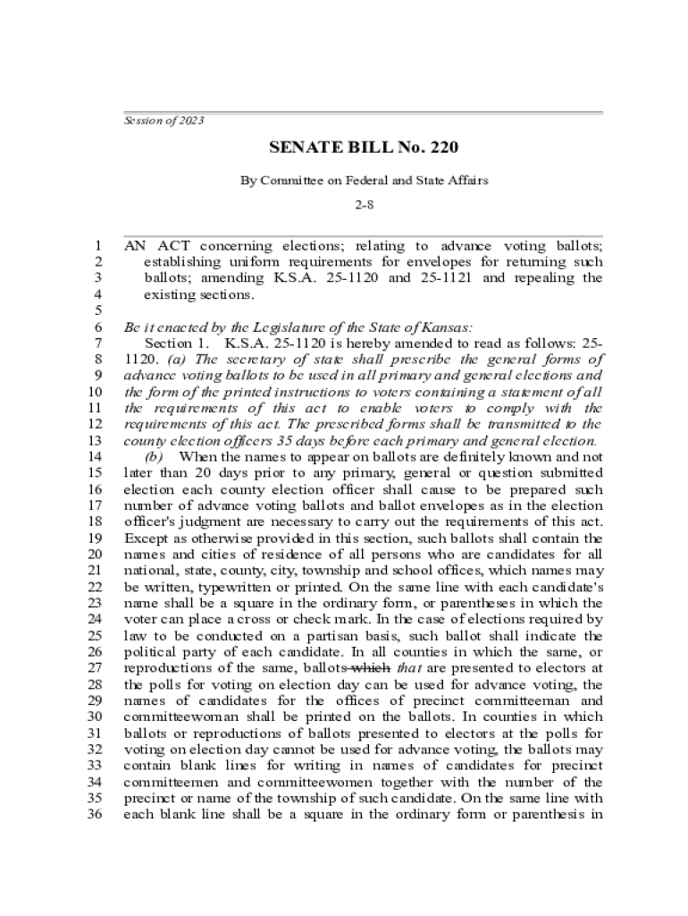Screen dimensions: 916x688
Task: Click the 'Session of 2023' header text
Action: (164, 120)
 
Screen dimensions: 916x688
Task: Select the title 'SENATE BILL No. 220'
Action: (364, 148)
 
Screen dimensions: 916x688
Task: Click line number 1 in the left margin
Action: (97, 245)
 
